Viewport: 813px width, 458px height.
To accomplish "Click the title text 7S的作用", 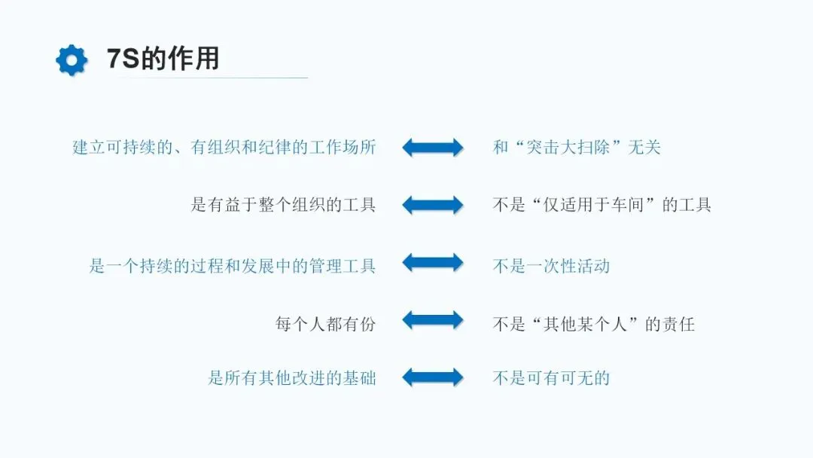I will (x=163, y=59).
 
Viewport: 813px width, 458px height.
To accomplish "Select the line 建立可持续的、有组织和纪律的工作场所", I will (x=224, y=147).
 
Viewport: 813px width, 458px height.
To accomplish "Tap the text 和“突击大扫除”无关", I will (x=577, y=147).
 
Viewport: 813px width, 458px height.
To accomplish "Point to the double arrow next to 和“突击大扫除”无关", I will (x=433, y=147).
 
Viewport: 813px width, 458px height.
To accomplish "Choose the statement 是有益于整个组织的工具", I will (x=283, y=204).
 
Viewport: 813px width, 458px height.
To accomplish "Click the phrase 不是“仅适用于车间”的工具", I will (x=602, y=204).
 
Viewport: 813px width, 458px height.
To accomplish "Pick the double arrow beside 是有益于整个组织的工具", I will (x=433, y=204).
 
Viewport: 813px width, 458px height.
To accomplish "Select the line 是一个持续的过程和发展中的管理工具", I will (x=232, y=265).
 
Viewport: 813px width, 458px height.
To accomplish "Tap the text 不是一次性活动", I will (x=551, y=265).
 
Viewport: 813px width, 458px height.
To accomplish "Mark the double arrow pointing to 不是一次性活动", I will (x=433, y=263).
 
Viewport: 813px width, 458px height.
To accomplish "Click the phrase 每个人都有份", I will (x=325, y=324).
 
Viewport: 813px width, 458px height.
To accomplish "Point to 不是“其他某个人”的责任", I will (x=594, y=324).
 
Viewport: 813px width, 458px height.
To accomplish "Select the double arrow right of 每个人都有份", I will (x=433, y=320).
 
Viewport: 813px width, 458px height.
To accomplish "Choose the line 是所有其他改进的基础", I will (x=291, y=378).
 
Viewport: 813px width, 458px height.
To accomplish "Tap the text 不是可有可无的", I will (x=551, y=378).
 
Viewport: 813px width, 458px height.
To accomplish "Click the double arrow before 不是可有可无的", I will (x=433, y=377).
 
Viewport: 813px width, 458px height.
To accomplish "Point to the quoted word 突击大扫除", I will (x=577, y=147).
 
